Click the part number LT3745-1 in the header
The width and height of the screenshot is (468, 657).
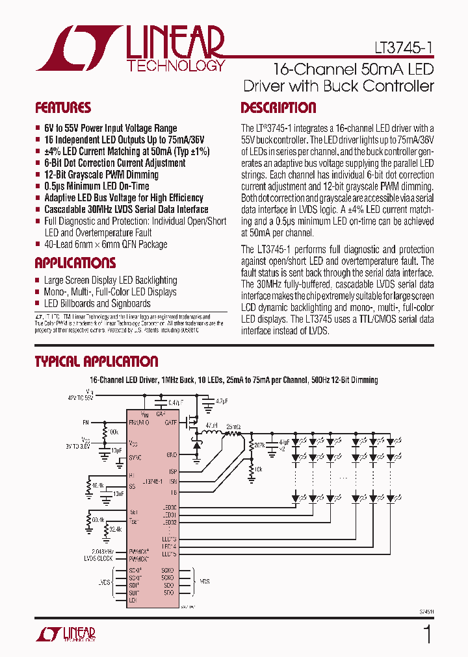tap(403, 49)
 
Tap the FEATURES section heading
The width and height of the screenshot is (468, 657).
tap(63, 108)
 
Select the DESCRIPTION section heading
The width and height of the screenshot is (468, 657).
tap(278, 108)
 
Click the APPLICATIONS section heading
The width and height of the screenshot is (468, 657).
tap(75, 263)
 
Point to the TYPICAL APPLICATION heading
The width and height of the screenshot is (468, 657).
tap(96, 362)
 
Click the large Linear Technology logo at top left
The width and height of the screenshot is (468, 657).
tap(131, 48)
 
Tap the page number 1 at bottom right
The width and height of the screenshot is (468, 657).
tap(427, 633)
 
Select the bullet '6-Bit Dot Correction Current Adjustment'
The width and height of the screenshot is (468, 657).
tap(114, 163)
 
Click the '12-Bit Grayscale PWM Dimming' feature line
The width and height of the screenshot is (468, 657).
tap(101, 175)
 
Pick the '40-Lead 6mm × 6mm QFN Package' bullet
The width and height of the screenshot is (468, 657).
tap(105, 245)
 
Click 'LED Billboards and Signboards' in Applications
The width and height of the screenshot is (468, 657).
tap(97, 303)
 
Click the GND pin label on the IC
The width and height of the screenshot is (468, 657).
tap(172, 455)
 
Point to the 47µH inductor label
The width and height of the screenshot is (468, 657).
tap(212, 426)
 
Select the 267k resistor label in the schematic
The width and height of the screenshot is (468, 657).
tap(259, 445)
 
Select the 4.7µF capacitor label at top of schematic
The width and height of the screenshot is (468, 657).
tap(221, 401)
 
